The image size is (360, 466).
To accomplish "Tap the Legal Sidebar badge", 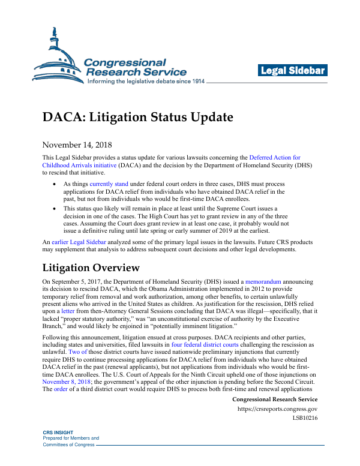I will [293, 71].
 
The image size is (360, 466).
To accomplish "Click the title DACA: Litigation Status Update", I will [137, 116].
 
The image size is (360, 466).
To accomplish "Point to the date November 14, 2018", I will [76, 145].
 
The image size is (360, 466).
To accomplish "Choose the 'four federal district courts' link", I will [203, 345].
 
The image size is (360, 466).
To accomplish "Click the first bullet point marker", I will [55, 183].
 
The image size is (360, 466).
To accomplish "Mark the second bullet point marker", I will [55, 208].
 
